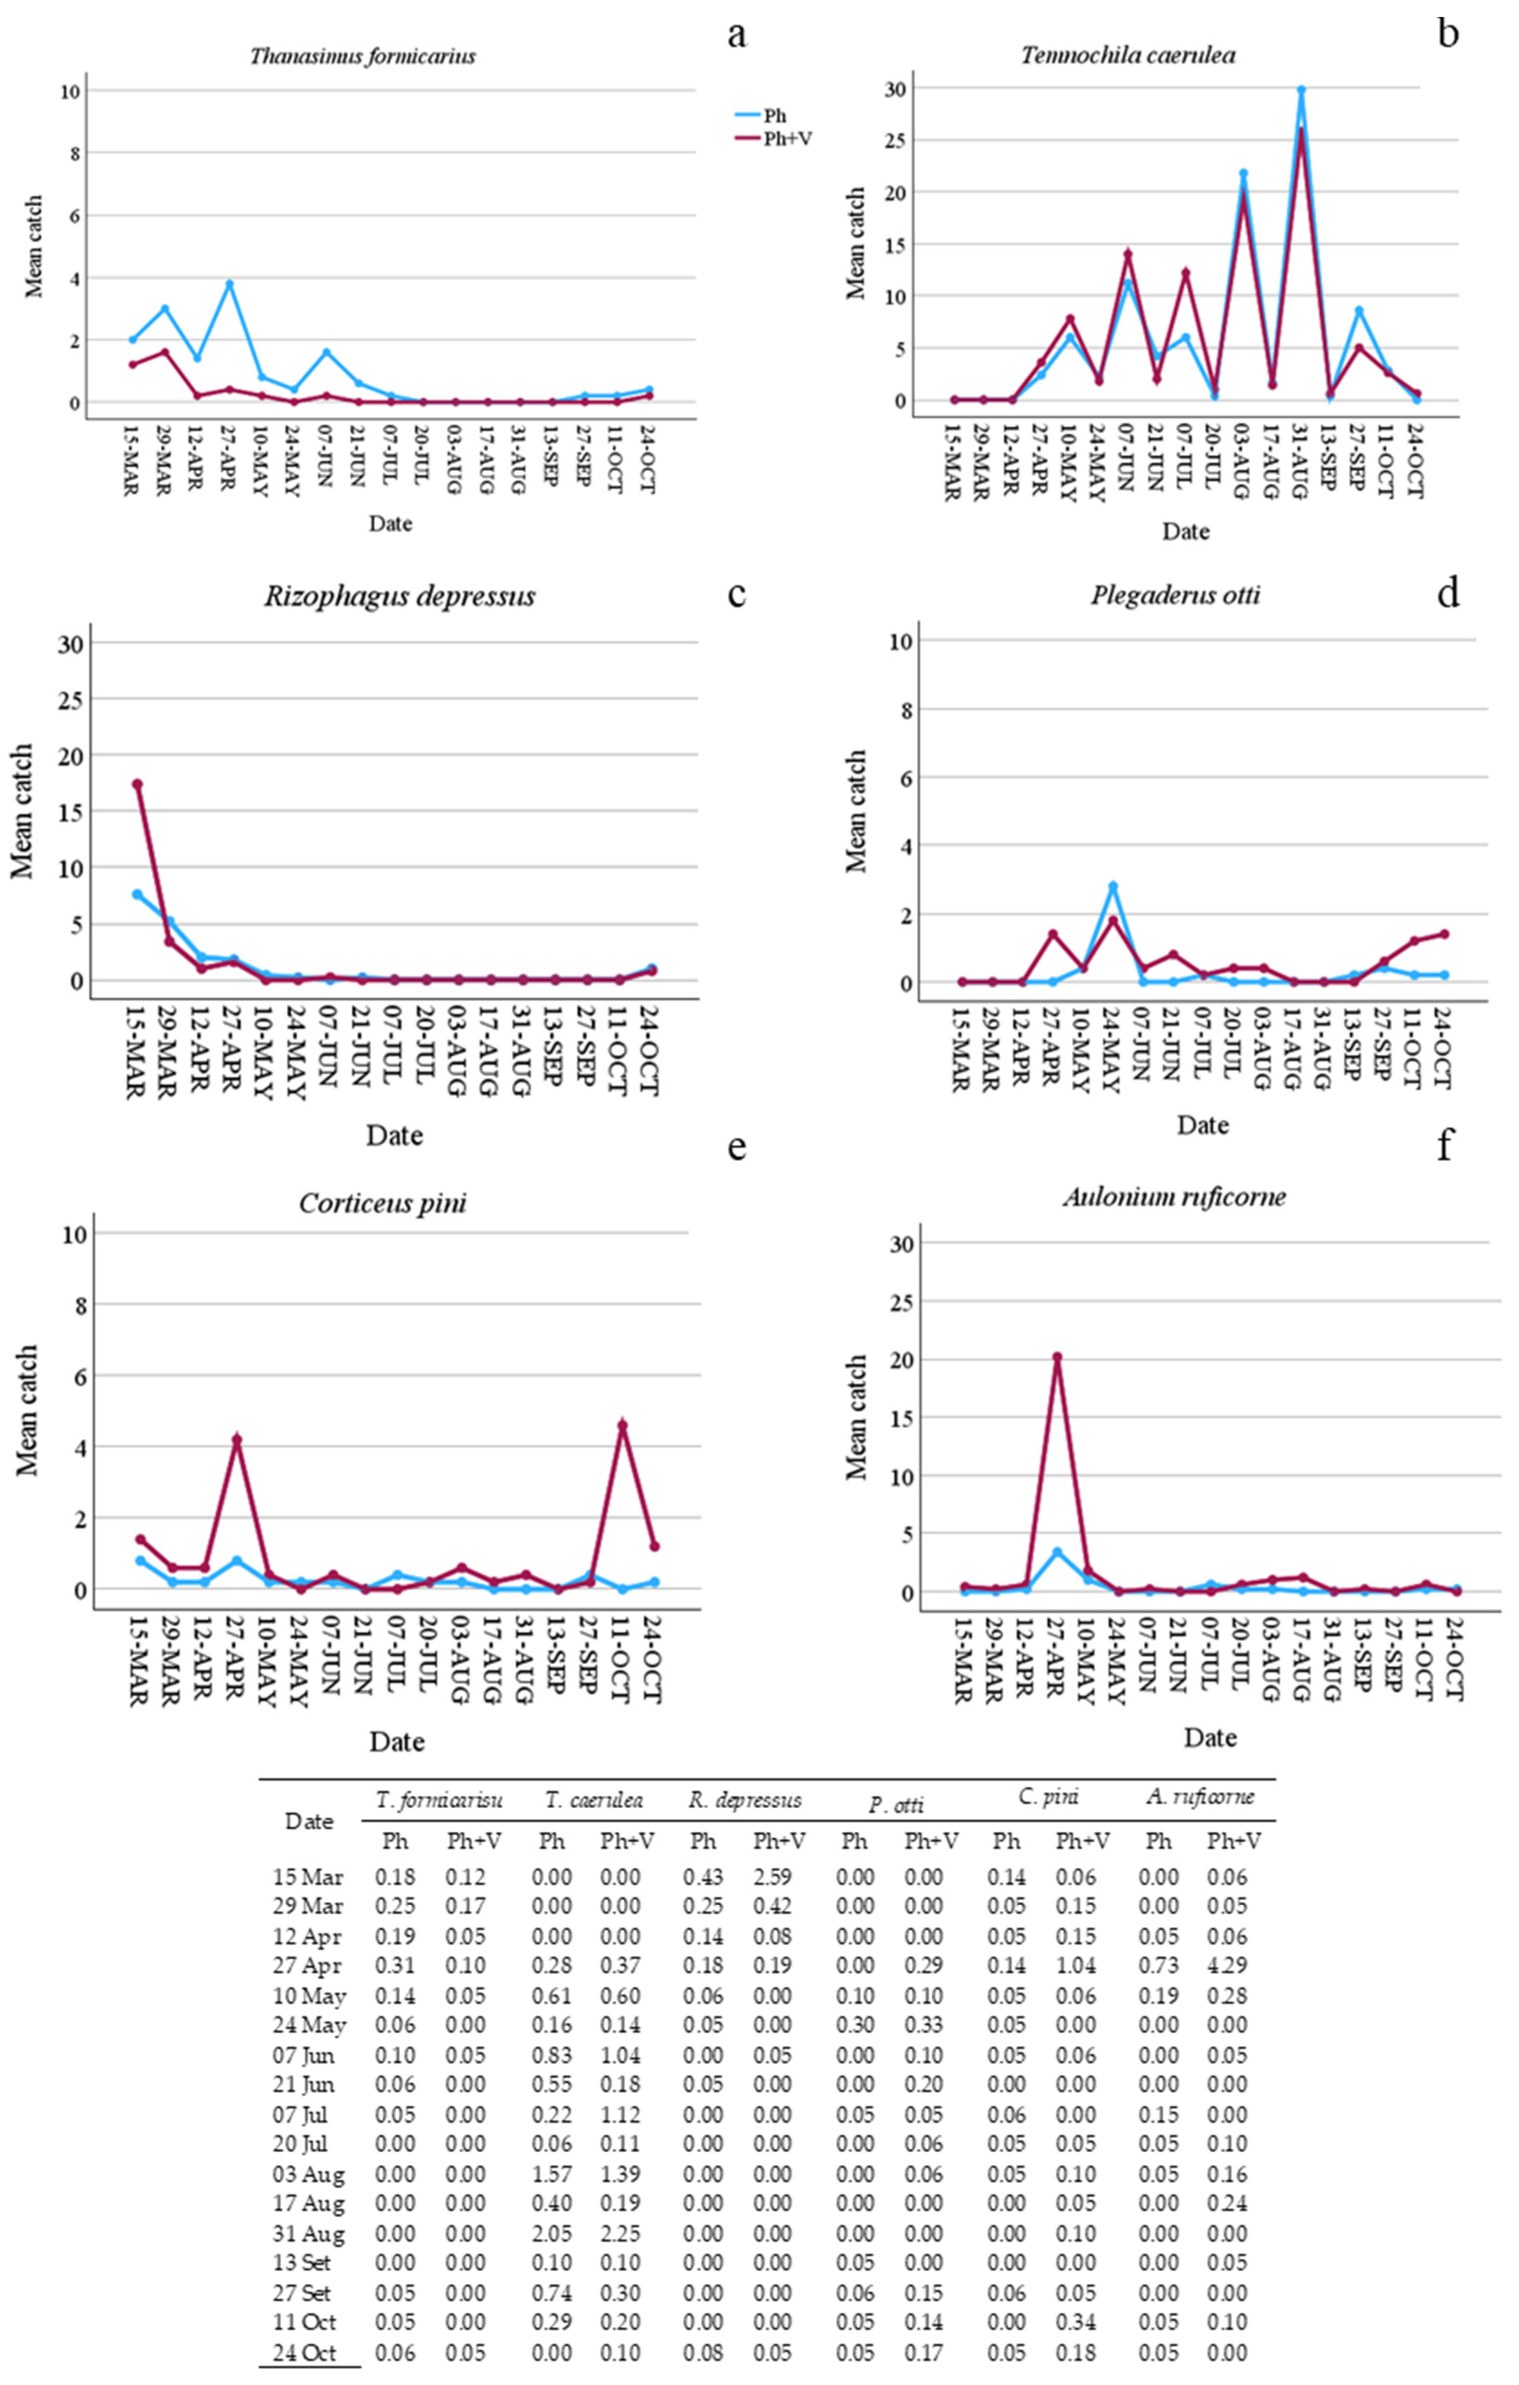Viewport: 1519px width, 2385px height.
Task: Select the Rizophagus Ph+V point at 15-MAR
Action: [x=138, y=785]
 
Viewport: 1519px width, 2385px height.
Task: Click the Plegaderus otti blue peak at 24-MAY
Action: [x=1113, y=886]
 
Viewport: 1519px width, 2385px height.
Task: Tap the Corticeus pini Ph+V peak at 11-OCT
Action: [x=622, y=1425]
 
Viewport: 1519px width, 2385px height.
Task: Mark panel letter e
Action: [x=737, y=1147]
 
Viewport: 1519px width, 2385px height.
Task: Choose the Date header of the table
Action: [x=309, y=1820]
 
